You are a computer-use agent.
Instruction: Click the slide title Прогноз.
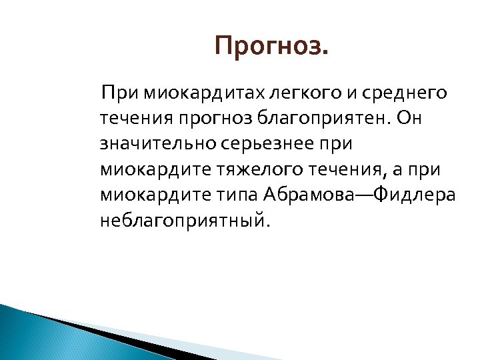pyautogui.click(x=272, y=47)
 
